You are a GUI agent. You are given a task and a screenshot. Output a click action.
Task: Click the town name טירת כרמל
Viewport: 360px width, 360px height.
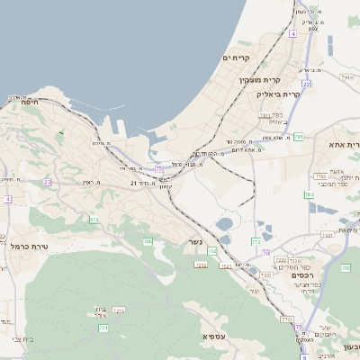click(31, 245)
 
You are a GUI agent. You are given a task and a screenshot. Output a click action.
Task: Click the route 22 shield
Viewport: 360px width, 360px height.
click(306, 84)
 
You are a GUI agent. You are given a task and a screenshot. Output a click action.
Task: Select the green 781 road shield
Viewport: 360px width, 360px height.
click(297, 136)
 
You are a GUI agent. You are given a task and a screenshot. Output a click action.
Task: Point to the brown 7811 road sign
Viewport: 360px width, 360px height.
click(265, 115)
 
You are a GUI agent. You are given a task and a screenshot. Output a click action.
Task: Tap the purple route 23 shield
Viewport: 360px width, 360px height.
click(47, 182)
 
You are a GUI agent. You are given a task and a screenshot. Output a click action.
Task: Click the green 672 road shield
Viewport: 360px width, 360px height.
click(94, 219)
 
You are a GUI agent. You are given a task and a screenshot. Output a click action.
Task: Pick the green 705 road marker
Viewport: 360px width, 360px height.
click(148, 240)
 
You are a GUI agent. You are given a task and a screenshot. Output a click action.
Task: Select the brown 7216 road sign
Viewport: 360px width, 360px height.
click(120, 310)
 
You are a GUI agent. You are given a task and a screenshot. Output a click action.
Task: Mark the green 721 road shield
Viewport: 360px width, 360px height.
click(103, 328)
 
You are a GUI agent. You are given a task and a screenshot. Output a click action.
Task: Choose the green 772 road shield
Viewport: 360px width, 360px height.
click(212, 250)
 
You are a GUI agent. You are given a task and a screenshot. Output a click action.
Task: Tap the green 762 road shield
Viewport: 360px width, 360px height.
click(346, 267)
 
